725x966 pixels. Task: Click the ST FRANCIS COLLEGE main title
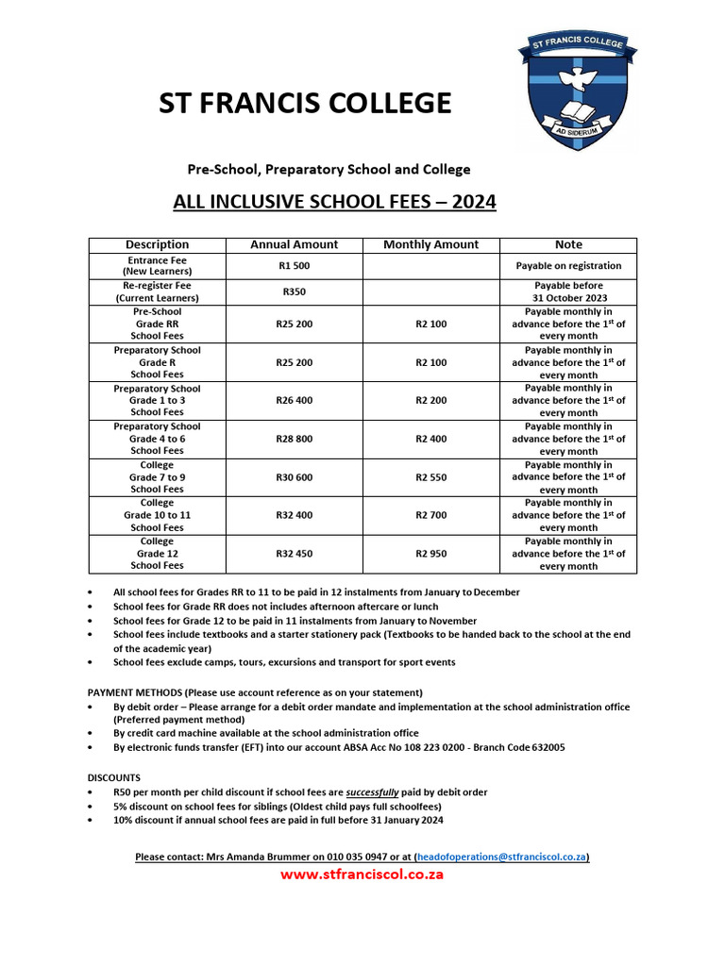[x=305, y=103]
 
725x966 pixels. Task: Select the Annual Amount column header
[x=294, y=244]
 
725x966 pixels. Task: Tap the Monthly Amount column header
[x=430, y=244]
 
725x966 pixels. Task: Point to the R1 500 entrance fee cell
[x=294, y=266]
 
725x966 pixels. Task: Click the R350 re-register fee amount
[x=294, y=291]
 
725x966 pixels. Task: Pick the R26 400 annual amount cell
[x=294, y=400]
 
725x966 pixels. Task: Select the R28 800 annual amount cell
[x=294, y=439]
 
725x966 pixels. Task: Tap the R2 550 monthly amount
[x=430, y=477]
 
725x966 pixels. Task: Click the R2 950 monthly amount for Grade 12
[x=430, y=554]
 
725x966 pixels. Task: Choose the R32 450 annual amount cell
[x=294, y=554]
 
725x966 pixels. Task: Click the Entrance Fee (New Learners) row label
[x=157, y=266]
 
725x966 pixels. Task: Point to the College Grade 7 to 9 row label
[x=157, y=477]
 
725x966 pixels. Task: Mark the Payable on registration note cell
[x=568, y=266]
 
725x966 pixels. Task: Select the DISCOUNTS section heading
[x=114, y=778]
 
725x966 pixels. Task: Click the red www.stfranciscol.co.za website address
[x=362, y=874]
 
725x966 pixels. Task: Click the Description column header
[x=157, y=244]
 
